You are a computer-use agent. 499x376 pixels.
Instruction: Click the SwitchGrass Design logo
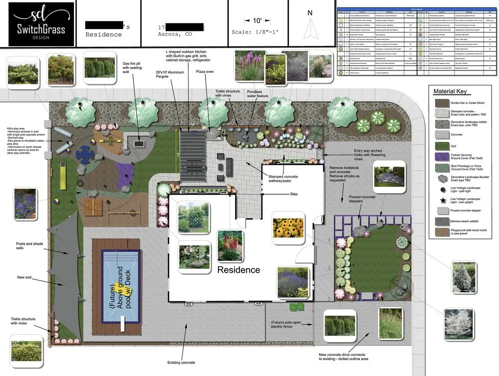point(38,23)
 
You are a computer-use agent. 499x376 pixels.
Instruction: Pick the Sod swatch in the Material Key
point(441,146)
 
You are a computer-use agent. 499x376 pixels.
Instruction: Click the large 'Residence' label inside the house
point(238,270)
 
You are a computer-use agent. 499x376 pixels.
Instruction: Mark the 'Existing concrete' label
point(181,362)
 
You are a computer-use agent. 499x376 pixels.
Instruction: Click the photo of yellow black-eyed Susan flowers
point(288,228)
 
